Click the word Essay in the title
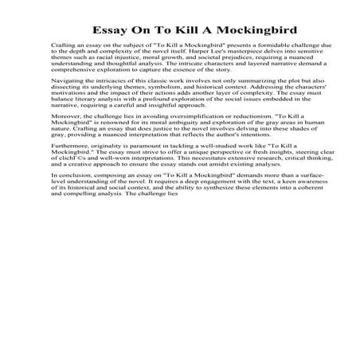click(112, 31)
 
